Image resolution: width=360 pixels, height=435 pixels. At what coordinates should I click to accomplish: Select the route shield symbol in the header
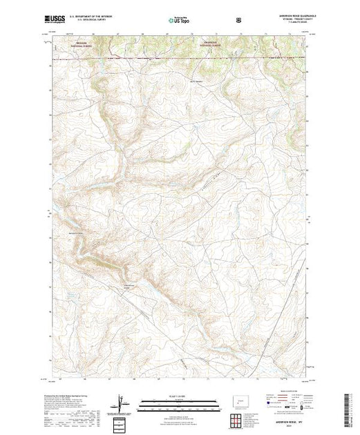pos(238,20)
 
